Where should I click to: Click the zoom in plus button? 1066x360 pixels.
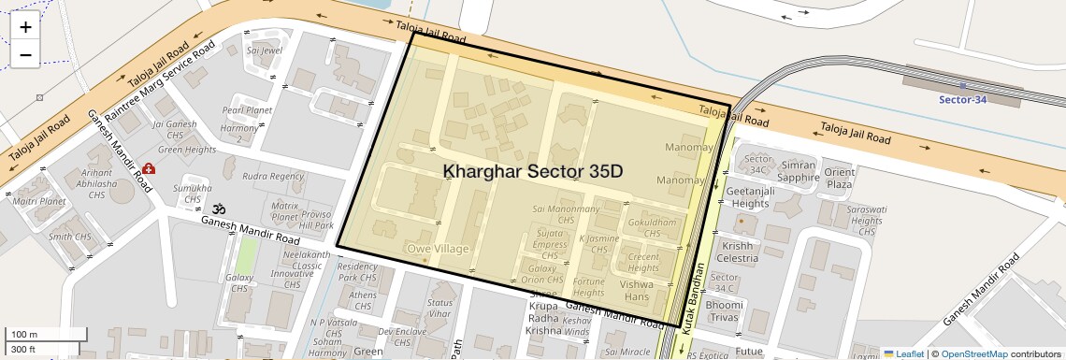(x=25, y=27)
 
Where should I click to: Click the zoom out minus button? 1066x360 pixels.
(x=25, y=54)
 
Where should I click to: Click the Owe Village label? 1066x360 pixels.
(x=437, y=248)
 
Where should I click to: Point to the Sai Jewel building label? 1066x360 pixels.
(x=264, y=50)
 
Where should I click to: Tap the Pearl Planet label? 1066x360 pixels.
(x=247, y=110)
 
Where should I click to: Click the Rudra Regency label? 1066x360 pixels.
(x=273, y=176)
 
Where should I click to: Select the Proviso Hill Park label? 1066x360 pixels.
(x=317, y=220)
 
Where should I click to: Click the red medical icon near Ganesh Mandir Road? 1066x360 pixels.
(x=149, y=171)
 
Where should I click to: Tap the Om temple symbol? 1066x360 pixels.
(x=220, y=209)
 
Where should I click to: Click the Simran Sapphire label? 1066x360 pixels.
(x=798, y=170)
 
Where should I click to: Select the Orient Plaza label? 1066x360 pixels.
(x=839, y=178)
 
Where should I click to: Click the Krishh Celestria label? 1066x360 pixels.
(x=737, y=252)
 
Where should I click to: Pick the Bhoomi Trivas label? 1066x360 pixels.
(x=725, y=311)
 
